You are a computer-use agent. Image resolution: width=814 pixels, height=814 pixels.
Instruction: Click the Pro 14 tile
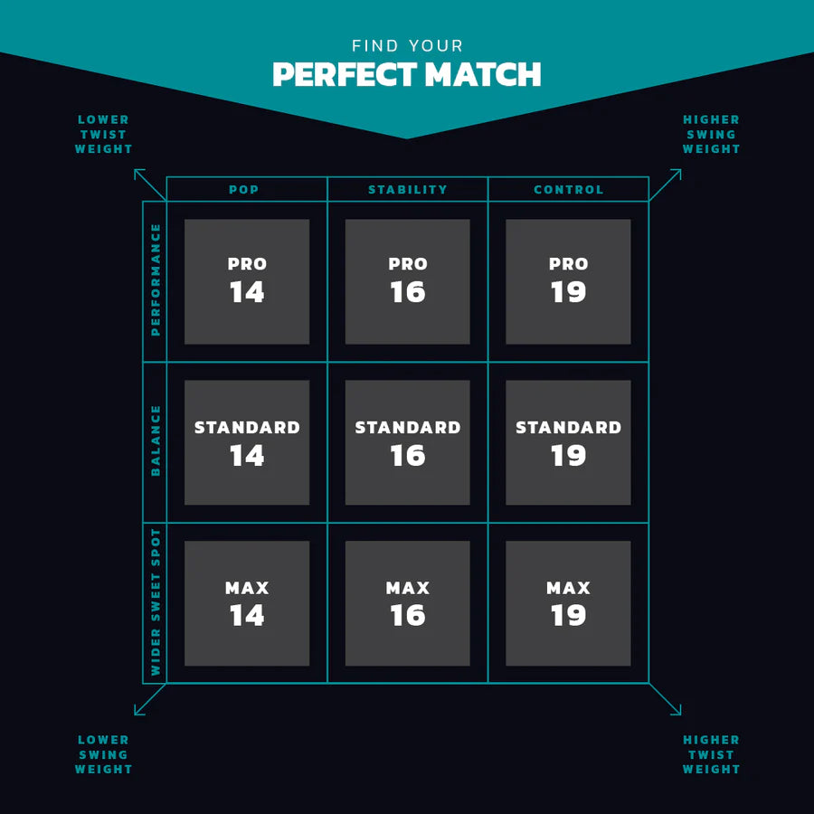[x=247, y=281]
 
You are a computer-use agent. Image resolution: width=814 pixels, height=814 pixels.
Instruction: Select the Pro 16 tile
[x=408, y=281]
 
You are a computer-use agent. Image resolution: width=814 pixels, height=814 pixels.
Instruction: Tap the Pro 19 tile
[x=569, y=281]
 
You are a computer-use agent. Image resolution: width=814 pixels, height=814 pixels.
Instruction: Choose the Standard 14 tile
[x=247, y=442]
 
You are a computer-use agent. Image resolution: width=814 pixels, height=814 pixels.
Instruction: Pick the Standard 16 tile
[x=408, y=442]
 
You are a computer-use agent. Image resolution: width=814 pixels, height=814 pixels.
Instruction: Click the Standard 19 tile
[x=569, y=442]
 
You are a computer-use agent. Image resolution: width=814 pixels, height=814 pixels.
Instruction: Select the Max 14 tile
[x=247, y=603]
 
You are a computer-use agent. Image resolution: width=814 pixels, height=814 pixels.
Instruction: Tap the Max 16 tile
[x=408, y=603]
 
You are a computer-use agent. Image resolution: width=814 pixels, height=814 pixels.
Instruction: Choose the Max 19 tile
[x=569, y=603]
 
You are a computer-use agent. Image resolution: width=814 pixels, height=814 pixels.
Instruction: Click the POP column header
[x=244, y=190]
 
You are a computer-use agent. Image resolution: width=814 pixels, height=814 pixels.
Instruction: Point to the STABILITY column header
[x=408, y=190]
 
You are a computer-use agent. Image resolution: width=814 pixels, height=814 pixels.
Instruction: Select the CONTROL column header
[x=569, y=190]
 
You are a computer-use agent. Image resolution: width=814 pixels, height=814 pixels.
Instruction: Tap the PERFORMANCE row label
[x=156, y=280]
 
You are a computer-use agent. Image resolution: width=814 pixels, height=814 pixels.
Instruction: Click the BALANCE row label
[x=156, y=441]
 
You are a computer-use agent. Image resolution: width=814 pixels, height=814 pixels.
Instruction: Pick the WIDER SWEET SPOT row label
[x=156, y=602]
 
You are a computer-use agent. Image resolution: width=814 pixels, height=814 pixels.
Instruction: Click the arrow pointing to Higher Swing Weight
[x=665, y=185]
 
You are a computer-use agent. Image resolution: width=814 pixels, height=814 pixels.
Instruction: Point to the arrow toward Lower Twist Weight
[x=150, y=185]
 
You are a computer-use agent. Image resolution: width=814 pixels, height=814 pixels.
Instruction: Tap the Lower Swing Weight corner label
[x=104, y=754]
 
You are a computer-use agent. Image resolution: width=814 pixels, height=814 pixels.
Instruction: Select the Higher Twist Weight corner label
[x=711, y=754]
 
